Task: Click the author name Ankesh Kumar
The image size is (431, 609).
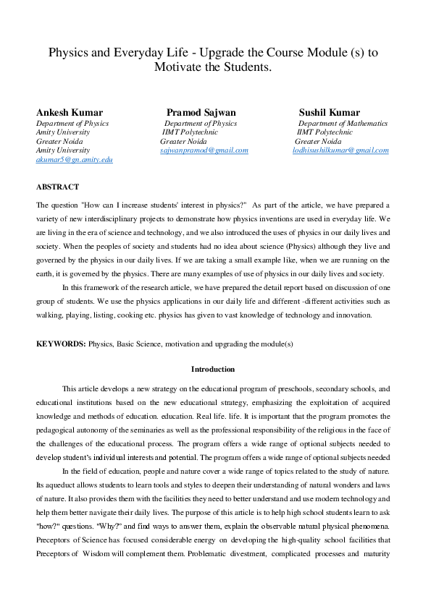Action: pos(70,112)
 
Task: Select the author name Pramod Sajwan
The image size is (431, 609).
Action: pos(201,112)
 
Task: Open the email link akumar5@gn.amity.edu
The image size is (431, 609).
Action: pos(75,159)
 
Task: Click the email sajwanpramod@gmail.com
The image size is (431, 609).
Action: pos(204,150)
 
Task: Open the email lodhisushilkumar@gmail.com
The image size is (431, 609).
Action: pos(340,150)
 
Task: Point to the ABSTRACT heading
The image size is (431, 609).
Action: pos(57,187)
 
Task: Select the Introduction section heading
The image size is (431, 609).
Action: pos(213,369)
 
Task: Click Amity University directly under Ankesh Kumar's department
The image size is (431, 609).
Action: pos(63,132)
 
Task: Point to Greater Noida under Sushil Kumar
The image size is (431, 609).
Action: pos(318,142)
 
